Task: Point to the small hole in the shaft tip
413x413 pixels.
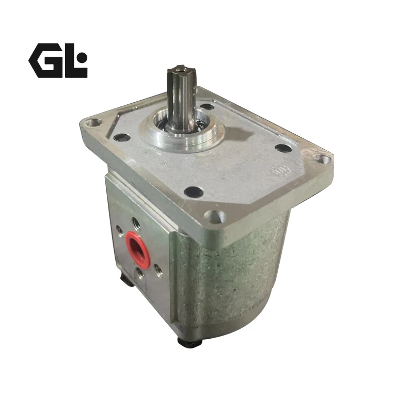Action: pos(180,70)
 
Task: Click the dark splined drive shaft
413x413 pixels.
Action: pos(181,97)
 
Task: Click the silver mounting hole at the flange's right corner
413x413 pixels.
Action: pos(322,159)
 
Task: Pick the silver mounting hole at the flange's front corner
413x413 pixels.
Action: pos(215,216)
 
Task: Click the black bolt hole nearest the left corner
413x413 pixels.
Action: pos(121,137)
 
